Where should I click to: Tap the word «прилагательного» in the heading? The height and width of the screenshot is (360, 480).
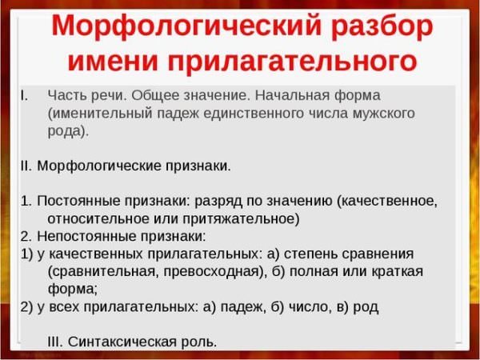pos(292,60)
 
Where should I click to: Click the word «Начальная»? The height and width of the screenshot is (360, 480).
pos(292,95)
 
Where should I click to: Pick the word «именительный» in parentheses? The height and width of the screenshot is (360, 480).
pos(100,114)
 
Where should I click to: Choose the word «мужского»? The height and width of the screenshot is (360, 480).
pos(383,114)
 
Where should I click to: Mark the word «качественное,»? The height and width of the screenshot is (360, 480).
pos(387,201)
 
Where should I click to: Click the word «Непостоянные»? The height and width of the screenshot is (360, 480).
pos(86,236)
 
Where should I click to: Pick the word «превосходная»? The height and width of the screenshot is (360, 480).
pos(214,271)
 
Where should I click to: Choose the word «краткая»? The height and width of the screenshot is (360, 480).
pos(397,271)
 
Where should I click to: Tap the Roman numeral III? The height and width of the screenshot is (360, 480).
pos(55,342)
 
